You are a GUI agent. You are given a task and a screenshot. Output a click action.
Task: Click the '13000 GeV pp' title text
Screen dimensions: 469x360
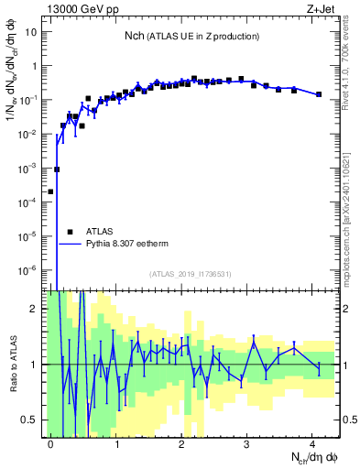(x=83, y=10)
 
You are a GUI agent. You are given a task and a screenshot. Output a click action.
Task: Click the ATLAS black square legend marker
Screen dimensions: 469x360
(x=70, y=233)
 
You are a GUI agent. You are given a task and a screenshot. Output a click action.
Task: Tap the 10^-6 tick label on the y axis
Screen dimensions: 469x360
(x=29, y=270)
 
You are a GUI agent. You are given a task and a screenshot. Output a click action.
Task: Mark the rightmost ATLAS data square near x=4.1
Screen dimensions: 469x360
(x=318, y=94)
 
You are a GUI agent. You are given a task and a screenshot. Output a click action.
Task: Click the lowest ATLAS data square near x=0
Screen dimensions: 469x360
(x=50, y=192)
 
